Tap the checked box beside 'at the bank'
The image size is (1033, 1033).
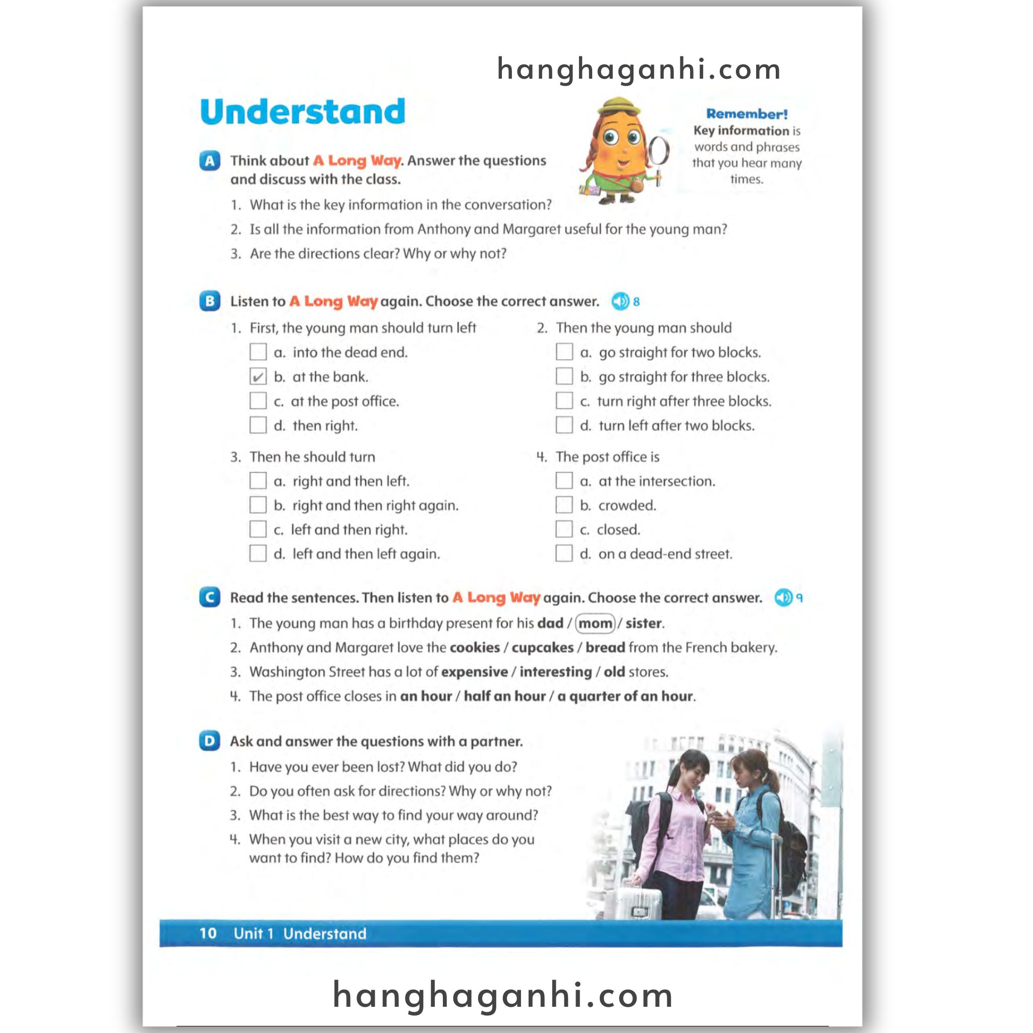coord(258,376)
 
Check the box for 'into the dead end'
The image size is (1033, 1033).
coord(258,352)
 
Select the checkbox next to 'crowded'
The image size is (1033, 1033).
coord(564,505)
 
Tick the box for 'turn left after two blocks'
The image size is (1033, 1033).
coord(564,425)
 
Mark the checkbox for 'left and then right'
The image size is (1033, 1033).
coord(258,529)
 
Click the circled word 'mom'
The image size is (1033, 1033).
coord(595,623)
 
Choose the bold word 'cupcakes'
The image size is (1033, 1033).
coord(542,648)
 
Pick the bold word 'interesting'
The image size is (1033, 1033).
coord(555,671)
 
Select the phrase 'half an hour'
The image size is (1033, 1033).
coord(504,696)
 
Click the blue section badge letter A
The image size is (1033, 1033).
coord(210,160)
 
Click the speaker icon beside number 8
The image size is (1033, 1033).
coord(620,302)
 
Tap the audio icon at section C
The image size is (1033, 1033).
coord(783,598)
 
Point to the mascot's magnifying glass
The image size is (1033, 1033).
coord(659,151)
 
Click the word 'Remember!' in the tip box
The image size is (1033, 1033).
coord(747,114)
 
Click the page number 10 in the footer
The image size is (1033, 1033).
coord(208,934)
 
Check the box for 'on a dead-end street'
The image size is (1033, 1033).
coord(564,553)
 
